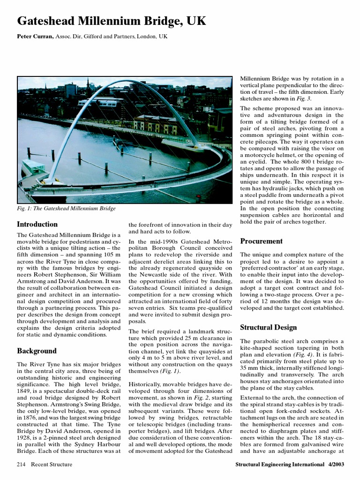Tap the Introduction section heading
tap(37, 224)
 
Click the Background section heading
tap(37, 351)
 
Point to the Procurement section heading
tap(261, 241)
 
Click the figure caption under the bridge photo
tap(66, 209)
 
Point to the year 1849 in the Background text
tap(25, 389)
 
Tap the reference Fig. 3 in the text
tap(304, 99)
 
